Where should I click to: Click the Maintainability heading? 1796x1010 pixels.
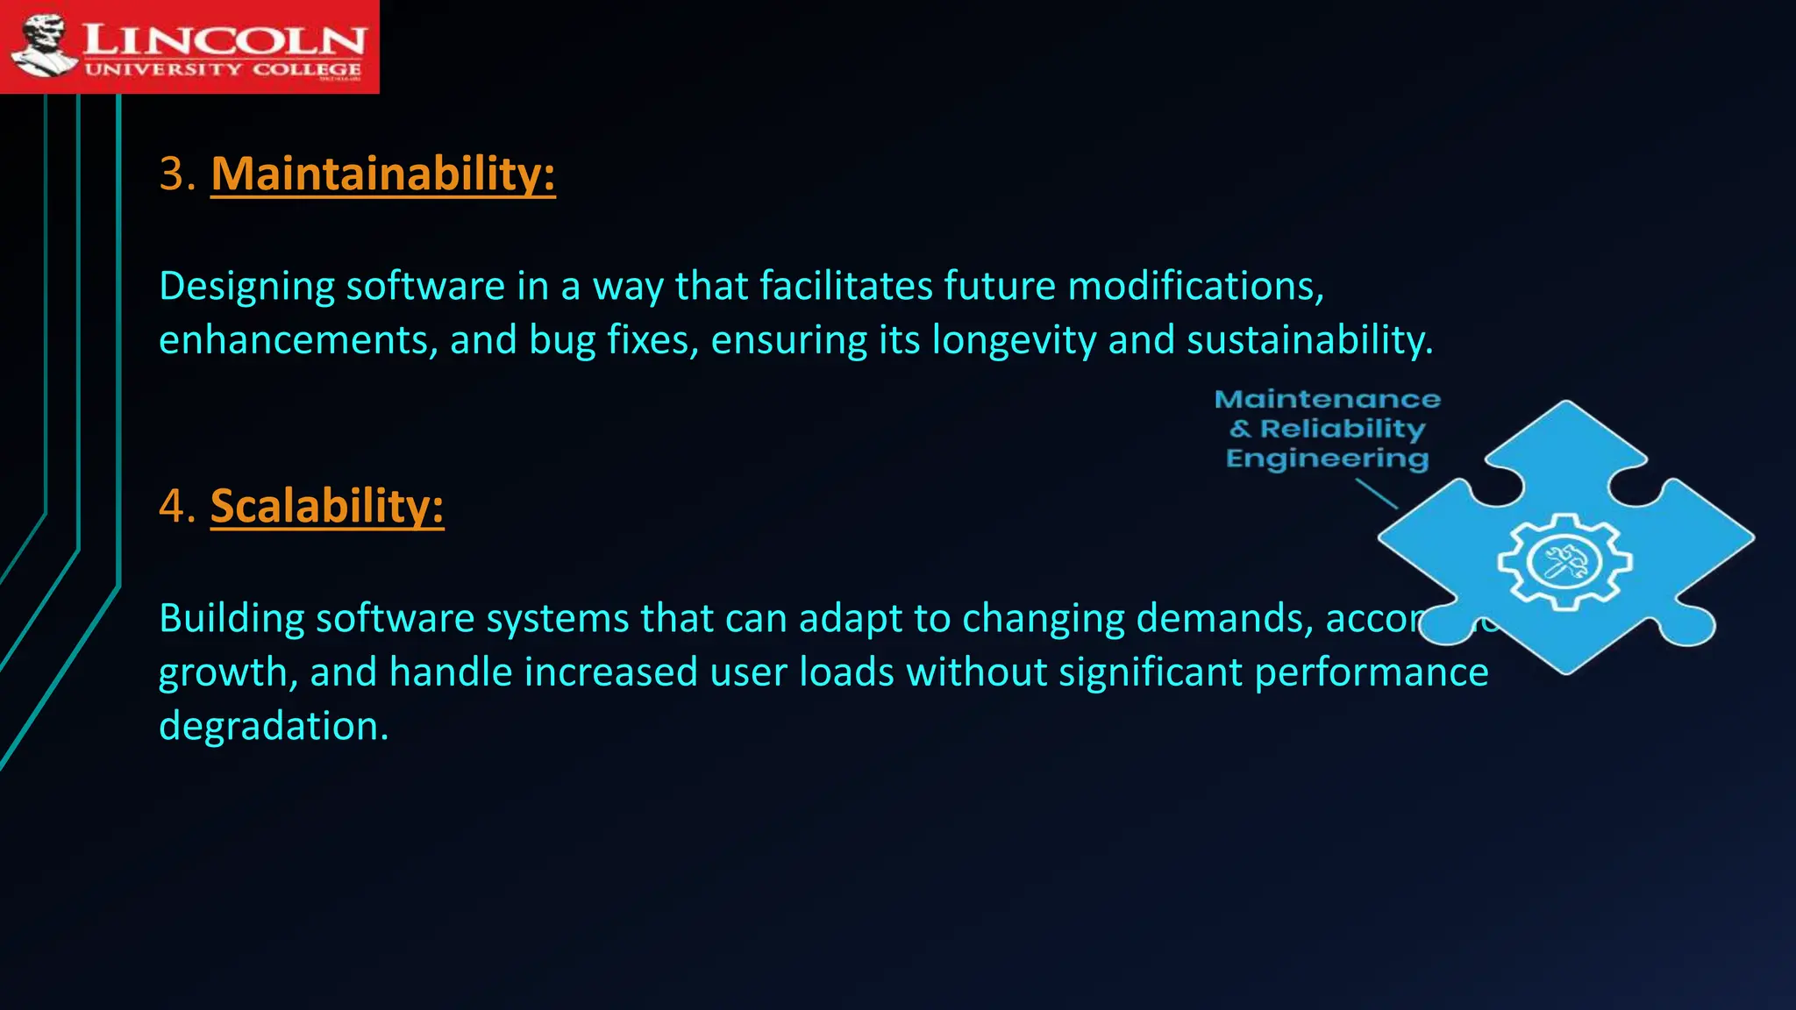[x=383, y=174]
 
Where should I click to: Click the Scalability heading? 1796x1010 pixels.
[x=327, y=506]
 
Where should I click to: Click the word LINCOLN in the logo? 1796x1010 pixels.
[x=224, y=39]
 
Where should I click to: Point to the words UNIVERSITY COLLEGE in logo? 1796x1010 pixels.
[x=223, y=69]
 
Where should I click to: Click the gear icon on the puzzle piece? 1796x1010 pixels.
[x=1564, y=561]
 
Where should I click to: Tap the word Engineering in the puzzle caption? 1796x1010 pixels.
[x=1327, y=459]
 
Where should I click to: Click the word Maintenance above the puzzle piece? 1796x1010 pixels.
[x=1327, y=400]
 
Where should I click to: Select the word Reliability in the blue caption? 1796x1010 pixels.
[x=1342, y=429]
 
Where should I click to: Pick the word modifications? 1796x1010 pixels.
[x=1195, y=287]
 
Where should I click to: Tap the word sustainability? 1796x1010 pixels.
[x=1309, y=340]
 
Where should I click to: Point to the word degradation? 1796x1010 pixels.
[x=273, y=726]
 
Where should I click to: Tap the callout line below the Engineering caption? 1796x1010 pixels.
[x=1376, y=494]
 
